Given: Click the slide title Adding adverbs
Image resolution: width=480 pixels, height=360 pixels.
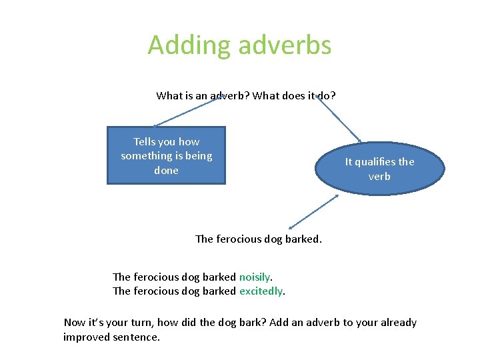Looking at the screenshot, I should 239,45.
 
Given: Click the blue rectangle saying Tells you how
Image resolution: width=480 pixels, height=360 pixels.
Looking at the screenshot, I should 166,155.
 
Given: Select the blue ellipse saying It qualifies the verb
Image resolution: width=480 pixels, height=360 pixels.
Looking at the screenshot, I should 379,169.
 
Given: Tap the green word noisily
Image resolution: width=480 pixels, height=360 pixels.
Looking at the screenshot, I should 255,277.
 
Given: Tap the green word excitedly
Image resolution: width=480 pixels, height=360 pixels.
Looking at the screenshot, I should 261,291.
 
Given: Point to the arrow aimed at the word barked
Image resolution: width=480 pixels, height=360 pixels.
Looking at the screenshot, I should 313,213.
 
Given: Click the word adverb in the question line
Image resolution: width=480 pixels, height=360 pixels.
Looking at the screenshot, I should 228,95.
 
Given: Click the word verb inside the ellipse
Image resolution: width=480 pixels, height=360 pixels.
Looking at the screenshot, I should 379,177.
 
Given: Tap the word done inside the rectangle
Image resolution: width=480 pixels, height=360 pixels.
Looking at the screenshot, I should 166,170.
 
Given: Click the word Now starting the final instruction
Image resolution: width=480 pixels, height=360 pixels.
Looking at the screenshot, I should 75,323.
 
